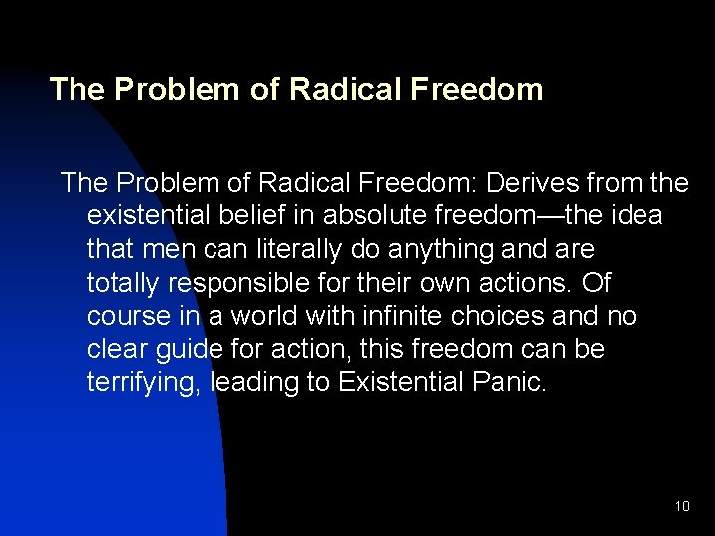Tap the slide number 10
point(681,506)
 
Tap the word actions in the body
point(527,283)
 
